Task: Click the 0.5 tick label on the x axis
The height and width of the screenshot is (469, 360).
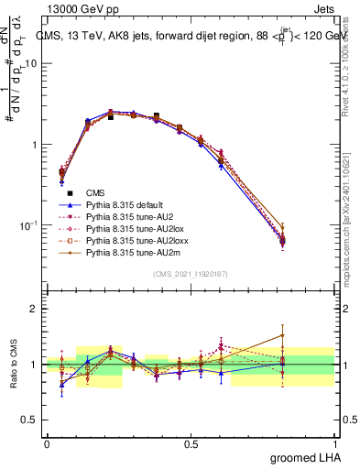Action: click(x=191, y=444)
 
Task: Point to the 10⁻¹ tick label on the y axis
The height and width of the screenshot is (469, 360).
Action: click(x=29, y=225)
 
